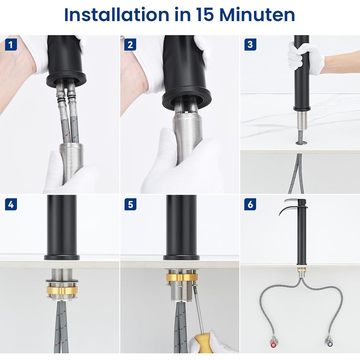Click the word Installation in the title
(116, 15)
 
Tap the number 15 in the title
(205, 15)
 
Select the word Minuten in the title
(257, 15)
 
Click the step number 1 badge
(11, 44)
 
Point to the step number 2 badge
(130, 44)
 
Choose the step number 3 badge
(250, 44)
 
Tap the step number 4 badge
(11, 204)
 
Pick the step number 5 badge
(130, 204)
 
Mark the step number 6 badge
(250, 204)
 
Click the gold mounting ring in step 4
(62, 290)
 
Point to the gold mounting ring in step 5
(182, 277)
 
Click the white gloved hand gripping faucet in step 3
(304, 58)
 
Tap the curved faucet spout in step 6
(291, 208)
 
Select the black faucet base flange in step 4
(62, 257)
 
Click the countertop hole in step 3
(301, 143)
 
